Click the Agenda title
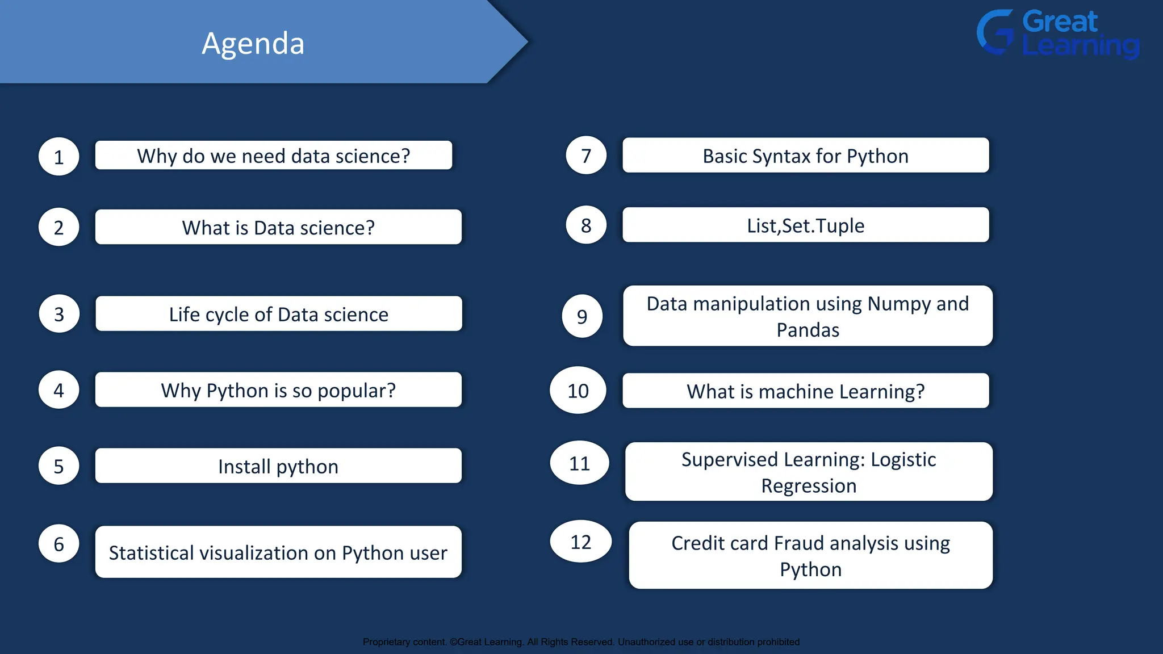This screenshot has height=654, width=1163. click(x=253, y=43)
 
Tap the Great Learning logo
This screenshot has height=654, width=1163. click(x=1058, y=33)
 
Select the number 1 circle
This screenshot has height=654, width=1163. click(x=58, y=157)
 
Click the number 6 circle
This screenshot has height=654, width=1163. click(x=58, y=544)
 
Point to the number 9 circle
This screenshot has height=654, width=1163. click(x=582, y=316)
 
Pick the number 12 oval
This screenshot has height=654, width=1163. click(x=580, y=542)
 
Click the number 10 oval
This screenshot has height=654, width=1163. click(x=578, y=391)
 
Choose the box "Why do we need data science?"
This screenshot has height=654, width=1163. click(x=274, y=156)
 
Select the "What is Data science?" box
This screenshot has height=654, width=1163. click(x=278, y=227)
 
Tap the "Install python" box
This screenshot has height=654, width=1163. click(x=278, y=466)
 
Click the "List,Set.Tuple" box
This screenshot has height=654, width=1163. click(x=805, y=225)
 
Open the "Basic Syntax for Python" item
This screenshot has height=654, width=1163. click(x=805, y=156)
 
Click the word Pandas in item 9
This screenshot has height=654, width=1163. click(x=808, y=330)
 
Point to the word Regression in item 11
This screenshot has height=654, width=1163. click(x=809, y=486)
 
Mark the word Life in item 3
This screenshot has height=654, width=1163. click(x=184, y=315)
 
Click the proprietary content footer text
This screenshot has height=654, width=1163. click(x=581, y=642)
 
